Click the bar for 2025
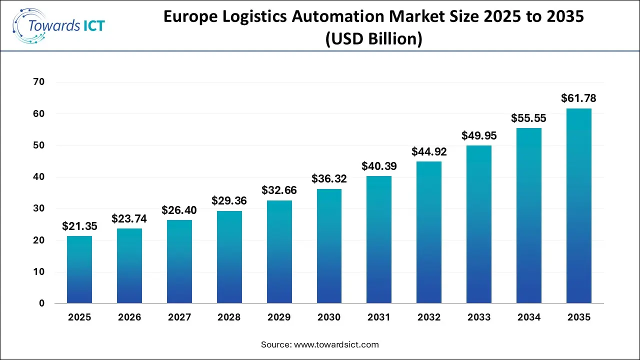(x=79, y=269)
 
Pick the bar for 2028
(x=229, y=257)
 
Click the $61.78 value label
(x=579, y=98)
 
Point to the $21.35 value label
(x=79, y=226)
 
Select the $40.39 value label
(x=379, y=165)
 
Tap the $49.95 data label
(x=479, y=135)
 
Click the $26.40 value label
(x=179, y=210)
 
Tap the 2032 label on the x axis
(x=429, y=317)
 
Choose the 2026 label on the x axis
(x=129, y=317)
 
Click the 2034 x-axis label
(x=529, y=317)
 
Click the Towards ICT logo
(x=59, y=25)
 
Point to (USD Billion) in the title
(x=373, y=38)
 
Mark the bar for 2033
(x=479, y=224)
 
